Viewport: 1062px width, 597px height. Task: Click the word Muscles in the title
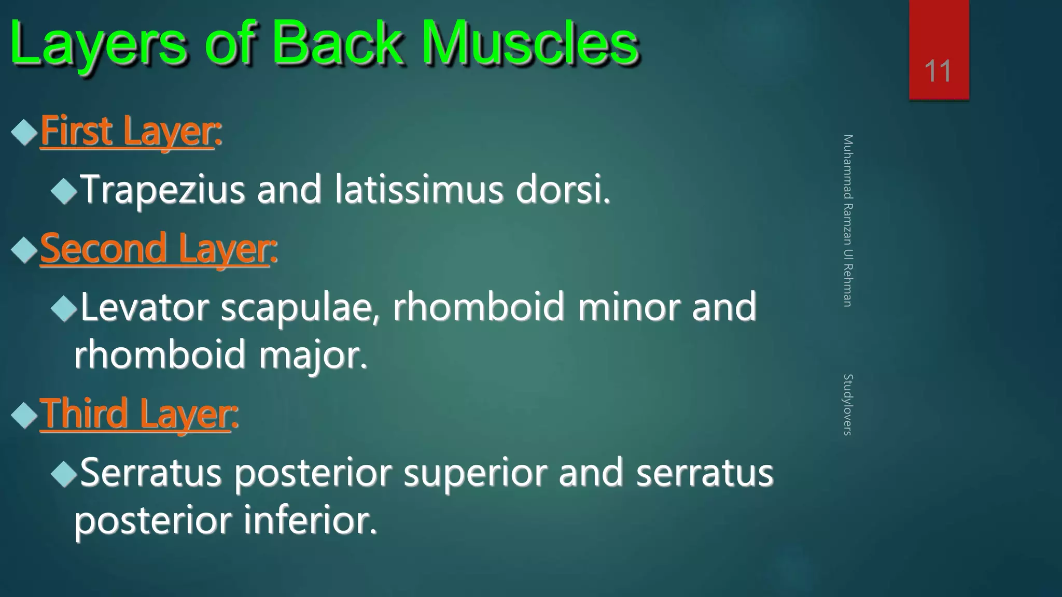[529, 44]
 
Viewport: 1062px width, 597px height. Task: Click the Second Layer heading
[158, 249]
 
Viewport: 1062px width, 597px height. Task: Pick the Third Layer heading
[138, 414]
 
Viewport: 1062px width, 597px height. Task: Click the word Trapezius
[163, 190]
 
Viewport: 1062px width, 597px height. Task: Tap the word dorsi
[562, 189]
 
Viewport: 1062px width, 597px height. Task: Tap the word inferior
[310, 521]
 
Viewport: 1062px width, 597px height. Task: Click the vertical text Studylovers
[847, 404]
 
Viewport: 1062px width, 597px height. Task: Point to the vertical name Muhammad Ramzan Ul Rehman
[847, 220]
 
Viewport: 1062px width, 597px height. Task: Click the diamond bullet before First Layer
[24, 132]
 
